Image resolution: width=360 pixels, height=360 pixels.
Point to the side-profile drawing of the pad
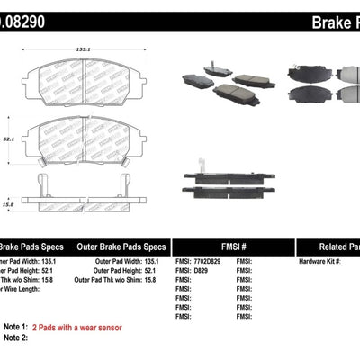tap(82, 187)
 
